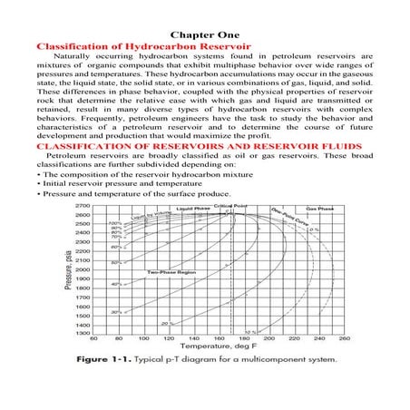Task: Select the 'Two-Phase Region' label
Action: coord(165,271)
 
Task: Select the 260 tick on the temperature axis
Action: coord(345,340)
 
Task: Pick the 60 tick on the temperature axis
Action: coord(95,340)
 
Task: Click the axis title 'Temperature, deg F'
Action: coord(221,348)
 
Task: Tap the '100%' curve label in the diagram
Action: coord(115,223)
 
